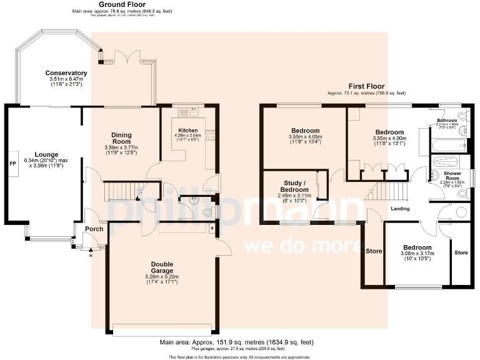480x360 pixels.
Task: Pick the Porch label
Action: (x=94, y=229)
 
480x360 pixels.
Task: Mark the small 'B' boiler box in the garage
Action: (x=212, y=229)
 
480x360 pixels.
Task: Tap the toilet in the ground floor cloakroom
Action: (x=209, y=212)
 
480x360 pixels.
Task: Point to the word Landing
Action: (x=401, y=208)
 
